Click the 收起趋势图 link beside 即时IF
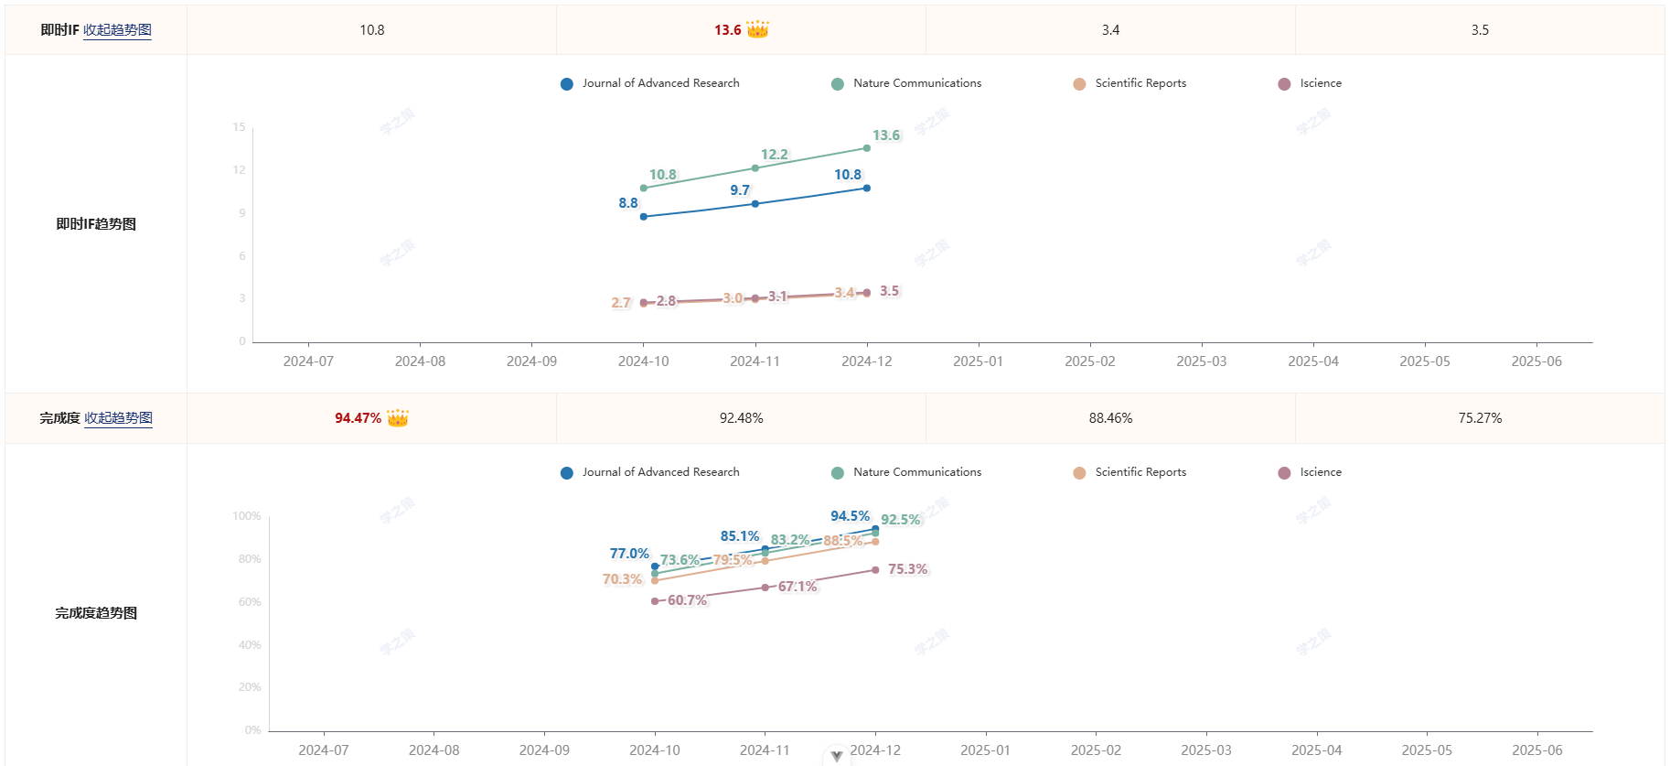pos(117,30)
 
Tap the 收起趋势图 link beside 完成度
pos(118,418)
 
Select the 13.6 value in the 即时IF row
pos(728,30)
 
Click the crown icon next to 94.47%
pos(398,418)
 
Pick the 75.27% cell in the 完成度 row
pos(1480,418)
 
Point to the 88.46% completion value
pos(1110,418)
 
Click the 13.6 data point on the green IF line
pos(867,148)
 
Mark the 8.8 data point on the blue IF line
pos(644,217)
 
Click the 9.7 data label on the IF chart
pos(740,190)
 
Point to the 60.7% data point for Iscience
pos(655,601)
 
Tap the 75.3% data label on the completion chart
pos(907,569)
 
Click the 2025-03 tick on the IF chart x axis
pos(1202,361)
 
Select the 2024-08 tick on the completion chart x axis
pos(434,750)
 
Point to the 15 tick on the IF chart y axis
pos(240,127)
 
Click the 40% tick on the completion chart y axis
pos(250,645)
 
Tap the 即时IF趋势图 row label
pos(96,224)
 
